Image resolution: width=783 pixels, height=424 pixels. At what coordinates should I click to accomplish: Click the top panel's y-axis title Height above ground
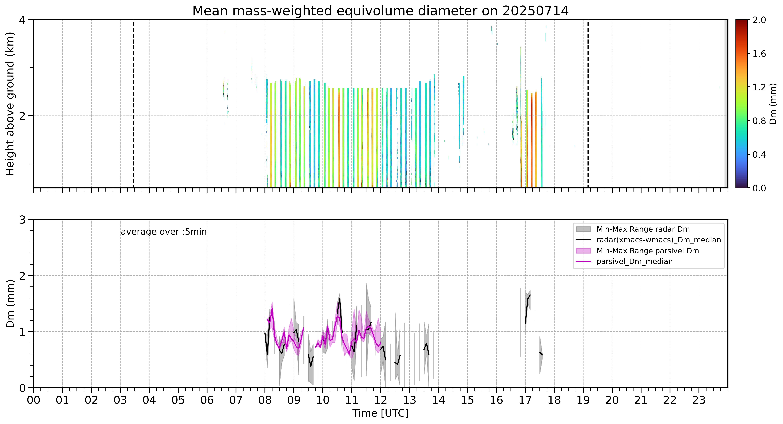coord(10,104)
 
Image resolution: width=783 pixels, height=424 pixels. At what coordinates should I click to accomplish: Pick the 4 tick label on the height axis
coord(22,20)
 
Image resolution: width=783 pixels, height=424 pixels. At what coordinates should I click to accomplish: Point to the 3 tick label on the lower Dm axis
coord(22,220)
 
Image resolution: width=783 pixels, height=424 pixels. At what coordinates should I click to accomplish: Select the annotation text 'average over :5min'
coord(164,232)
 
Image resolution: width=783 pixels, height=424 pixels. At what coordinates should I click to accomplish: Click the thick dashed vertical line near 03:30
coord(134,104)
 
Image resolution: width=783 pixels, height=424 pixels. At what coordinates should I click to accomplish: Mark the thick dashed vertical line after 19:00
coord(588,104)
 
